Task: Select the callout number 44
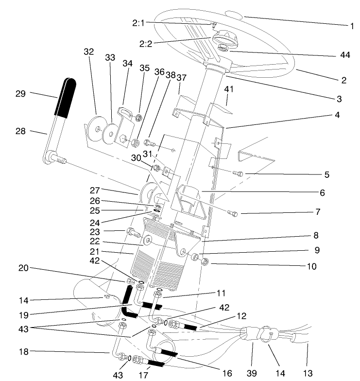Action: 345,55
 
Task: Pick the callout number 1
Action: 352,26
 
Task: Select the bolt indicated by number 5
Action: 238,173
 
